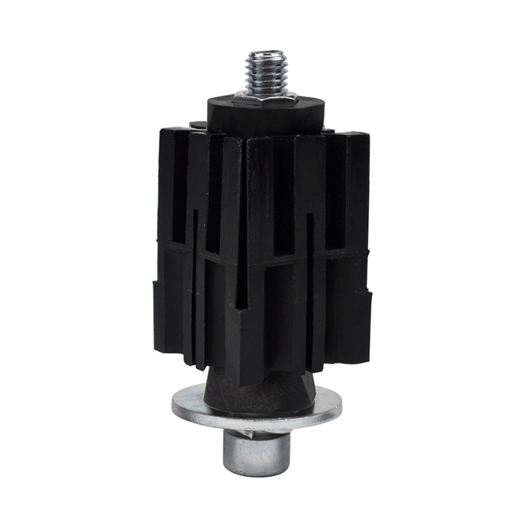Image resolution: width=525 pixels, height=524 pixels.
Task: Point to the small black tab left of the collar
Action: click(x=197, y=125)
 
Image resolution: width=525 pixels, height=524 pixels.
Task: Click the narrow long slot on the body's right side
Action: click(x=310, y=285)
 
